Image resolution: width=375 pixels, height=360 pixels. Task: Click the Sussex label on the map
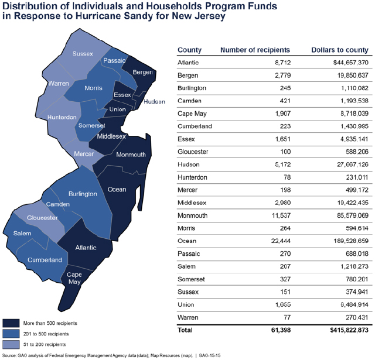(x=83, y=54)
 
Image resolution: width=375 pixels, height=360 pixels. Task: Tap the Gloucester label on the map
(x=42, y=218)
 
